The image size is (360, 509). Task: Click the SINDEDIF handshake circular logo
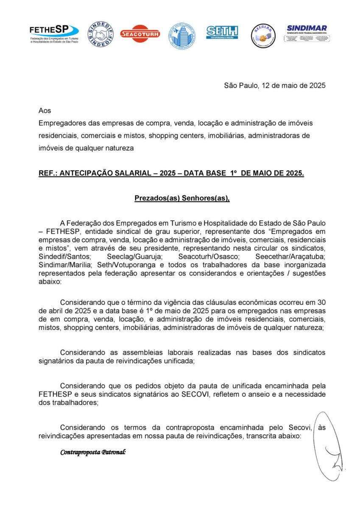[100, 34]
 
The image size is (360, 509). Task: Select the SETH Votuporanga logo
[222, 33]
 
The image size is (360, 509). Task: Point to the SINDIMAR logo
[307, 34]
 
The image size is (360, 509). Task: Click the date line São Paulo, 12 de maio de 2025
[274, 85]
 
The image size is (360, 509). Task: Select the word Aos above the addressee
[45, 111]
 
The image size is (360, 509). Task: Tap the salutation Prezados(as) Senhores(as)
[182, 198]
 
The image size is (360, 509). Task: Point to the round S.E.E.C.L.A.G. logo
[263, 36]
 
